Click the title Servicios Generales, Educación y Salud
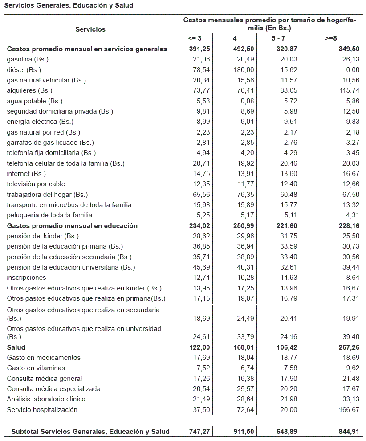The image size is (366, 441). pos(69,5)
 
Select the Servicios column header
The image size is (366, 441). pos(90,29)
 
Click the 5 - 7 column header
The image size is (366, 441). pos(279,38)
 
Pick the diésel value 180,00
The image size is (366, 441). pos(244,70)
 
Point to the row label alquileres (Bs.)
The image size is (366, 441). pos(30,90)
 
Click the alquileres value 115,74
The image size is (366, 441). pos(349,90)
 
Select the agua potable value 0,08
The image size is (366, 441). pos(247,101)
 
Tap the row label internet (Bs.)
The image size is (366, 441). pos(26,174)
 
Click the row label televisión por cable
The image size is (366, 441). pos(36,184)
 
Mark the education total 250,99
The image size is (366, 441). pos(243,226)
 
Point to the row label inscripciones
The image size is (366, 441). pos(26,278)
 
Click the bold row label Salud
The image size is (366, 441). pos(16,347)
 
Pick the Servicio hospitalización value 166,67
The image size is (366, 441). pos(349,410)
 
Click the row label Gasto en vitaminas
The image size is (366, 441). pos(36,368)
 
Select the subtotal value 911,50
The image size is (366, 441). pos(244,431)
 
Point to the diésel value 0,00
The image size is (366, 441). pos(352,70)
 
